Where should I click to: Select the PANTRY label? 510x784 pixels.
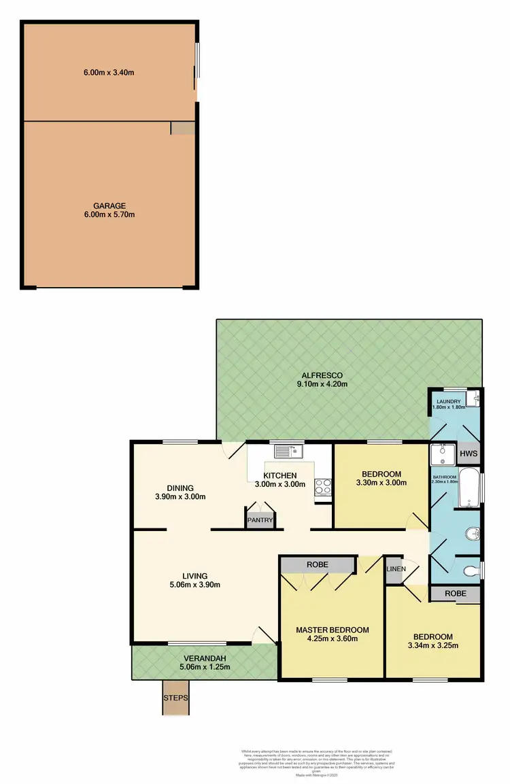260,521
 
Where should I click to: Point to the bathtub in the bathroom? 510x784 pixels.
470,488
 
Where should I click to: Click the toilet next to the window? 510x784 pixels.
469,569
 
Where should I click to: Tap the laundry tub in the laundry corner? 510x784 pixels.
477,398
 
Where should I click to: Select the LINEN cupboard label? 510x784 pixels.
395,568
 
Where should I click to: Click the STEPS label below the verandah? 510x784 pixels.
175,698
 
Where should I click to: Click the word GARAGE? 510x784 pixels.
110,205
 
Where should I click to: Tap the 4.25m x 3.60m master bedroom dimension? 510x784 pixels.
332,638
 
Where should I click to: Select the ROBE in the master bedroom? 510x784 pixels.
317,564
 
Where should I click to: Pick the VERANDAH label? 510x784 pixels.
203,658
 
